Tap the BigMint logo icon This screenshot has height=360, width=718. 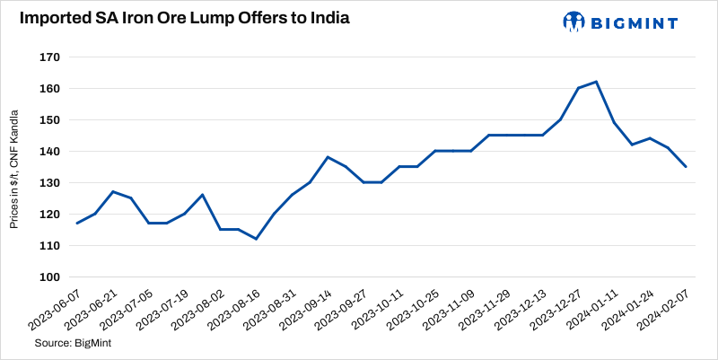[x=574, y=21]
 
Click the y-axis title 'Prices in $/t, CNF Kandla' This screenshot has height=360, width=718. [x=14, y=167]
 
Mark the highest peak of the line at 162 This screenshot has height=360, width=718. [x=597, y=82]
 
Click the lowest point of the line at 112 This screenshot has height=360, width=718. [x=257, y=239]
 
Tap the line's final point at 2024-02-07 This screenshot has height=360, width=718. [x=687, y=167]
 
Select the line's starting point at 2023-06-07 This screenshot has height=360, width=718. [x=77, y=224]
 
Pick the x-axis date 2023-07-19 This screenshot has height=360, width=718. [x=165, y=311]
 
